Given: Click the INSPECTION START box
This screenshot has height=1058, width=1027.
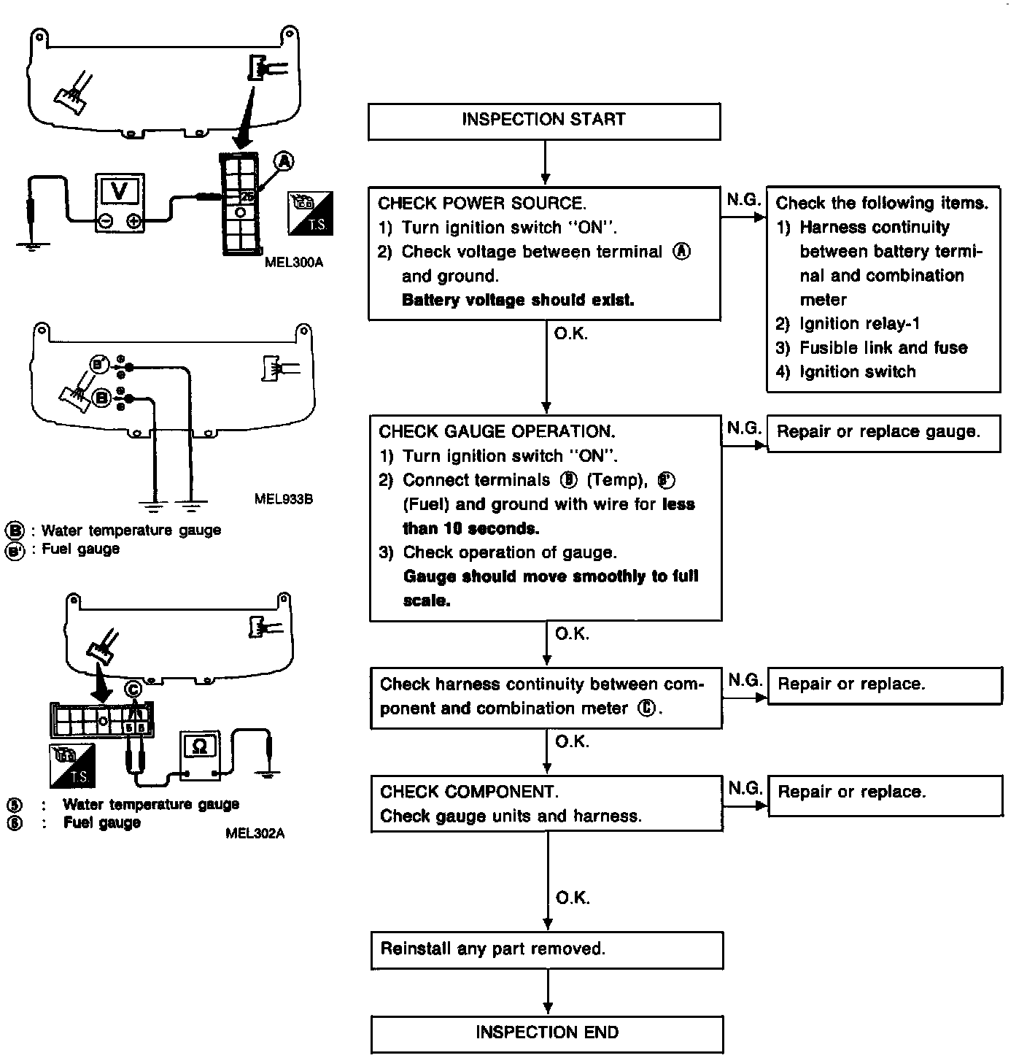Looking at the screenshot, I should pos(544,120).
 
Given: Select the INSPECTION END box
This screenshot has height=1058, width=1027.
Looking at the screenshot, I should pos(547,1032).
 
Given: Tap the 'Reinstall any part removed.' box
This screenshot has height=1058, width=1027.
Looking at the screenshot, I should pos(546,949).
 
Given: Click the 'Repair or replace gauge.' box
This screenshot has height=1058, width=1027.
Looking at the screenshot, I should pos(883,433).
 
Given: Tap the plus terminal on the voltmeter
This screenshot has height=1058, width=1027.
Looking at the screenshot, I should pos(133,221).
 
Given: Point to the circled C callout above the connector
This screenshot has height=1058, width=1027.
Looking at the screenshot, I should pos(133,688).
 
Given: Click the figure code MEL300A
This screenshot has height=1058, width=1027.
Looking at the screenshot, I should pos(293,262).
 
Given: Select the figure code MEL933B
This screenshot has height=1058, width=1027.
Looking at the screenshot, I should pos(284,499).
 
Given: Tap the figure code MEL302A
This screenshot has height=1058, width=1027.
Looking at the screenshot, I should pos(255,833).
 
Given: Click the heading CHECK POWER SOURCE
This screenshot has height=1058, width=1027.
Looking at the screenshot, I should pos(481,204).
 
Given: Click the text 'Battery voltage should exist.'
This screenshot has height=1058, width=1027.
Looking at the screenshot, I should pos(518,300).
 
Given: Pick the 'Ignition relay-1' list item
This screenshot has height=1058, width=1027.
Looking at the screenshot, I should pos(860,324).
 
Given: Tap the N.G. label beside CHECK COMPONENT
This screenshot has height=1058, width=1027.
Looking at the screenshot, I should pos(745,787).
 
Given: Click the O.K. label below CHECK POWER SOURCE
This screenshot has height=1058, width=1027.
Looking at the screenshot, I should pos(571,334).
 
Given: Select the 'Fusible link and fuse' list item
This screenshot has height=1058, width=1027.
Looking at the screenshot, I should pos(883,348).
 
